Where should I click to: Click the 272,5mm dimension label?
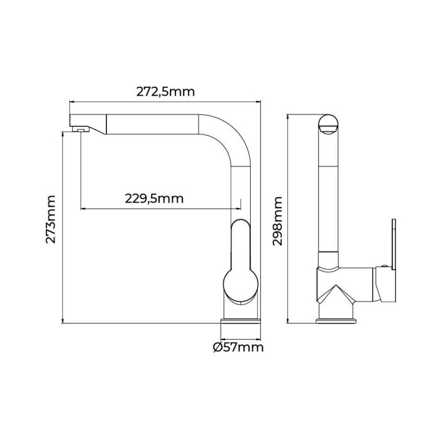pos(165,91)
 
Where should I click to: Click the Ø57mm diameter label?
pos(238,346)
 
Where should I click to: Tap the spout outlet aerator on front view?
pos(79,129)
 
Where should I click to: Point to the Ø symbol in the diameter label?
pos(217,346)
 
